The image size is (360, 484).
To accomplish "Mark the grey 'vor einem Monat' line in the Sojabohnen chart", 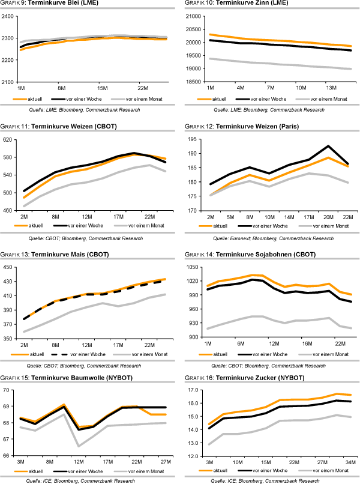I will pyautogui.click(x=270, y=319).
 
